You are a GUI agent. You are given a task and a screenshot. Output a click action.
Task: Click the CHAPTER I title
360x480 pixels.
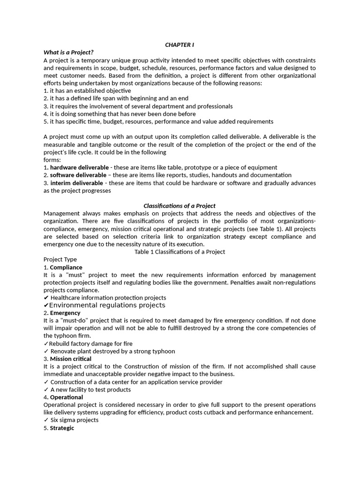pyautogui.click(x=180, y=45)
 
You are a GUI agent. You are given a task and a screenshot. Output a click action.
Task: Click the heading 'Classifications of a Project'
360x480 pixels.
pyautogui.click(x=180, y=206)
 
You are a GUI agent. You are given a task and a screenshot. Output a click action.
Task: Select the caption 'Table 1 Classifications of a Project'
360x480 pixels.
pyautogui.click(x=180, y=252)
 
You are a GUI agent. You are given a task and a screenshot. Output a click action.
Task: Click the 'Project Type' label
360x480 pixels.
pyautogui.click(x=60, y=259)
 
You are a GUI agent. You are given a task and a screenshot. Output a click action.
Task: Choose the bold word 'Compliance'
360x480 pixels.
pyautogui.click(x=66, y=267)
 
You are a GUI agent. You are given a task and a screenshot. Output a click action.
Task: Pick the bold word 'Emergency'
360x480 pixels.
pyautogui.click(x=65, y=313)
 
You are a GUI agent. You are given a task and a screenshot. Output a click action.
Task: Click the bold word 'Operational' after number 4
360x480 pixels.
pyautogui.click(x=67, y=397)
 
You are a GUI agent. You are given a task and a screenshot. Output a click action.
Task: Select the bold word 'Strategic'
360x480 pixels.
pyautogui.click(x=62, y=428)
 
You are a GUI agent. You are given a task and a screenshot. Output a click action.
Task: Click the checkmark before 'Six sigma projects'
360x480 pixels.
pyautogui.click(x=46, y=420)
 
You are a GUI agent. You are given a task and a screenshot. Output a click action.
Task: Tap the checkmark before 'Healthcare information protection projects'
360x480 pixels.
pyautogui.click(x=46, y=298)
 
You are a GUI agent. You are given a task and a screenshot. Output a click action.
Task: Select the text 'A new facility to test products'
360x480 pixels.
pyautogui.click(x=90, y=390)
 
